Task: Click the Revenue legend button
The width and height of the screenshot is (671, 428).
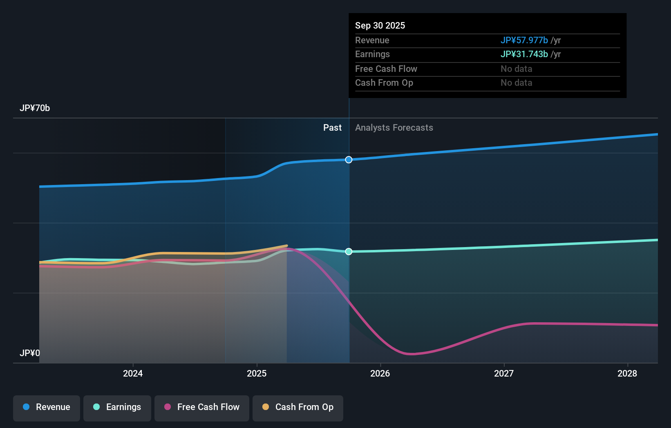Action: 47,408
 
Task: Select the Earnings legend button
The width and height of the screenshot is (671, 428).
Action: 117,408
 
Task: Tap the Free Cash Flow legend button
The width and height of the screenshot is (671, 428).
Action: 202,408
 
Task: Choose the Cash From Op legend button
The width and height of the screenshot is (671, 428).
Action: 298,408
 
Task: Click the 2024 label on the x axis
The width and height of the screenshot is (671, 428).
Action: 133,373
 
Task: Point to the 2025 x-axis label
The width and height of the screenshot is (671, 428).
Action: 257,373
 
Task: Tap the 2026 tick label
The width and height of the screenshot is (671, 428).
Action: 380,373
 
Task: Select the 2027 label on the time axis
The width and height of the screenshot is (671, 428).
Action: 504,373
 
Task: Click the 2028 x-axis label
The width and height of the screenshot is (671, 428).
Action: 627,373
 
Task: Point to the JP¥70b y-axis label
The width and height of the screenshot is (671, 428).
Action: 35,108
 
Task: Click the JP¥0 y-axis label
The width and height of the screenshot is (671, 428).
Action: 30,353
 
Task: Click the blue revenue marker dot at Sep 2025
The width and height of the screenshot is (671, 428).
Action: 349,160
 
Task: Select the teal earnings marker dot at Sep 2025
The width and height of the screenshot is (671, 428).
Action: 349,252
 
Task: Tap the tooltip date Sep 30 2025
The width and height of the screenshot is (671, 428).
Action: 380,25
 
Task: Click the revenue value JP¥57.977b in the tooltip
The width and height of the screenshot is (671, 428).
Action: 524,40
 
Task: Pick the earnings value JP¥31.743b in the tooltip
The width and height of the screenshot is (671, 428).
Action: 524,54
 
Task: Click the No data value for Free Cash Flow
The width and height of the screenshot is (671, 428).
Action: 517,69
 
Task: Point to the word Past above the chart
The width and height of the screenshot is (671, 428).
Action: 332,127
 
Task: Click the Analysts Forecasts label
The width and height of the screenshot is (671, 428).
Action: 394,127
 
